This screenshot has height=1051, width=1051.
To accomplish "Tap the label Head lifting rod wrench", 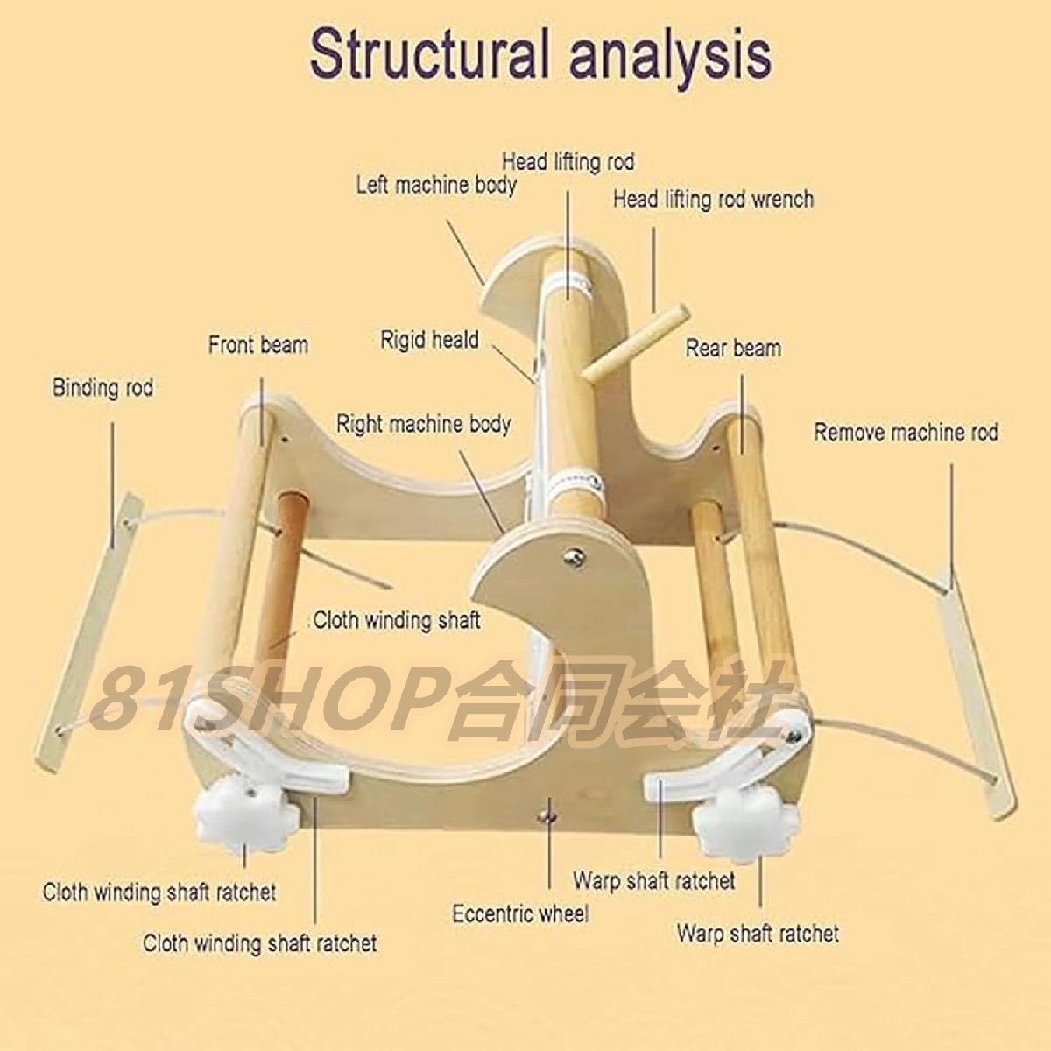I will pyautogui.click(x=713, y=200).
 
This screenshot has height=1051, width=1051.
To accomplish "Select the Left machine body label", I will pyautogui.click(x=435, y=186).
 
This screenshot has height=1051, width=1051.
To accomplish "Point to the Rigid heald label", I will pyautogui.click(x=429, y=340).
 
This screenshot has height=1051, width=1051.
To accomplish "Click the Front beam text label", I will pyautogui.click(x=257, y=345).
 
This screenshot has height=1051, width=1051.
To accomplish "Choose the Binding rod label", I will pyautogui.click(x=102, y=388).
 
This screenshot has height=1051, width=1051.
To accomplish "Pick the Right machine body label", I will pyautogui.click(x=424, y=425).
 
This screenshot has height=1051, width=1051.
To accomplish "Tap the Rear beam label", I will pyautogui.click(x=733, y=349).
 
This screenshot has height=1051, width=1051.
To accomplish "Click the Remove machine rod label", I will pyautogui.click(x=906, y=432).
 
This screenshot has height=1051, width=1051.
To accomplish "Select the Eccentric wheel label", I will pyautogui.click(x=520, y=914).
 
